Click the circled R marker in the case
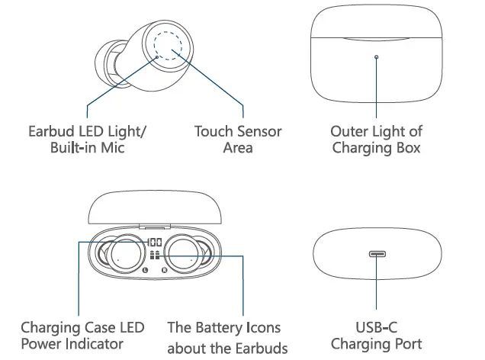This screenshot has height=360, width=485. point(164,269)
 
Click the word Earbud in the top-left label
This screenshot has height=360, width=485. point(50,131)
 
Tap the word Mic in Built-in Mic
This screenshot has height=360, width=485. point(112,148)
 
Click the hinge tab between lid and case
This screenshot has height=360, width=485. point(155,227)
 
